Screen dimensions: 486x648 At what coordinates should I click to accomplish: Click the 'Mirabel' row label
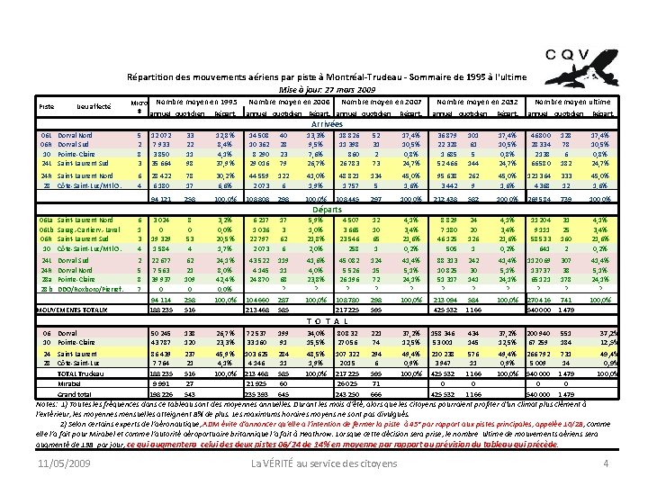70,382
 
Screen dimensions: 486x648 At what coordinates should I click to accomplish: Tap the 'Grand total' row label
74,392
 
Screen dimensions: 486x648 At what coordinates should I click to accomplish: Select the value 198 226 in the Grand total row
162,393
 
